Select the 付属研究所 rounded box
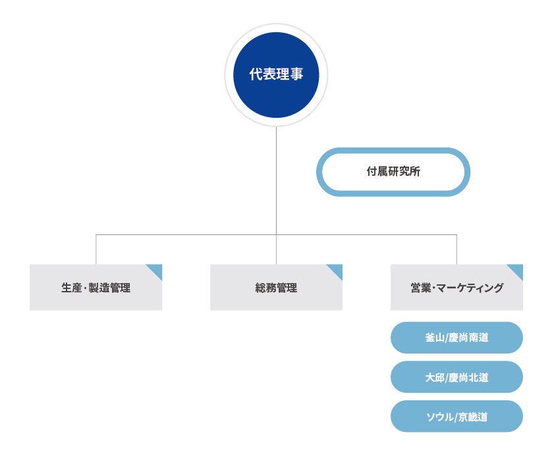tap(393, 172)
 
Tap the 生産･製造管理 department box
tap(96, 288)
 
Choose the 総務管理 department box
tap(276, 288)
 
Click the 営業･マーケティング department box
tap(456, 288)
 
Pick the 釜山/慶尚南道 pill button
tap(456, 338)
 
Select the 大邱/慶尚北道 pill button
tap(456, 377)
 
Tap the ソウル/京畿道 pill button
tap(456, 417)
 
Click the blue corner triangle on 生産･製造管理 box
tap(157, 269)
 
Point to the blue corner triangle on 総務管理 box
tap(337, 269)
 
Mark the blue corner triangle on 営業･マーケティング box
tap(517, 269)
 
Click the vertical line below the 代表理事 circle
tap(276, 178)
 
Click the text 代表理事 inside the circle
tap(276, 74)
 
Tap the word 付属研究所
tap(393, 172)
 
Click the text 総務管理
tap(276, 288)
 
